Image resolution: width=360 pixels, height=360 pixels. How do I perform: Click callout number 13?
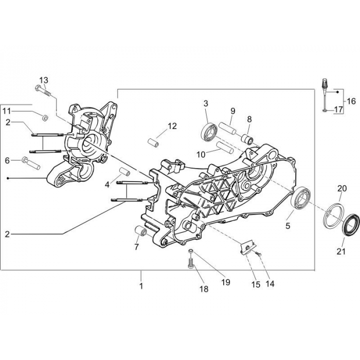click(44, 80)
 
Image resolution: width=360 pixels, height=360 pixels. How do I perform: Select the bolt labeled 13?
click(43, 91)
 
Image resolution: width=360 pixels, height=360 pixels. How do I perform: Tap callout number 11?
click(6, 111)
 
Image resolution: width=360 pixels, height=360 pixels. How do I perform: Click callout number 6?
click(7, 160)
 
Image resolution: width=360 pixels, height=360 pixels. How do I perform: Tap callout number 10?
click(201, 153)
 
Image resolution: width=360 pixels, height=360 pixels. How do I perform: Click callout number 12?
click(172, 125)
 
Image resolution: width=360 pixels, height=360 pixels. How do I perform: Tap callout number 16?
click(351, 101)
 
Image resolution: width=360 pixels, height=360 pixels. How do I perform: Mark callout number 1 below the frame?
click(141, 284)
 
